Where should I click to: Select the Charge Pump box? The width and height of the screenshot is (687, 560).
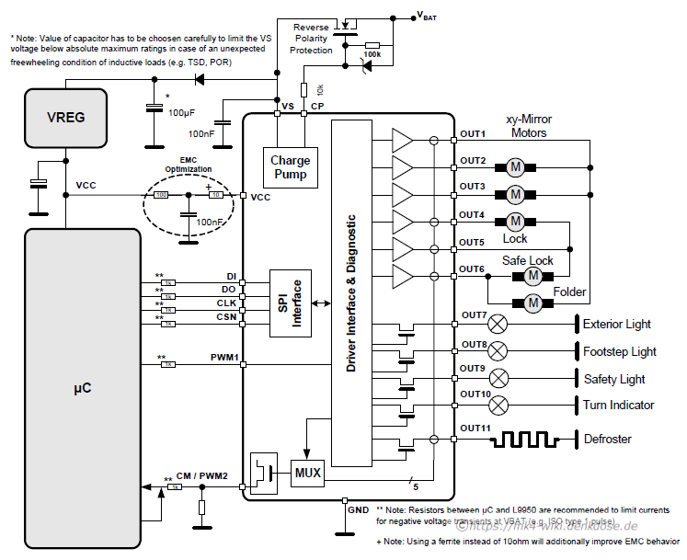coord(290,167)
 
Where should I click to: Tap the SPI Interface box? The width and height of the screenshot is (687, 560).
coord(290,303)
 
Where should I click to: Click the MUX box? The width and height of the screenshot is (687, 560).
coord(307,474)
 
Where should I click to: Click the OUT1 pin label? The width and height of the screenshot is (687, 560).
coord(473,133)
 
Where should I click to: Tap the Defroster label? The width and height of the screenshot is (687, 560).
coord(608,439)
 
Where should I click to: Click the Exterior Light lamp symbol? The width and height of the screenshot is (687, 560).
coord(498,324)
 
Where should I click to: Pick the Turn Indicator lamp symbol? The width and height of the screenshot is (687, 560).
coord(498,405)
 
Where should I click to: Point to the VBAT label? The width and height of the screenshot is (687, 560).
coord(431,15)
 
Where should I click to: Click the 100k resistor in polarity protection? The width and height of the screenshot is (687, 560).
coord(372,44)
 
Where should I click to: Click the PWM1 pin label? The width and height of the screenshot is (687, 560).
coord(225,357)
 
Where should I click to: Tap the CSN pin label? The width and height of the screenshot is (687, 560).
coord(226,316)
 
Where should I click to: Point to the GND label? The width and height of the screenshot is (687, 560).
coord(359,508)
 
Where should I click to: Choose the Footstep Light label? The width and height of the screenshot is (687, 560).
coord(620,351)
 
